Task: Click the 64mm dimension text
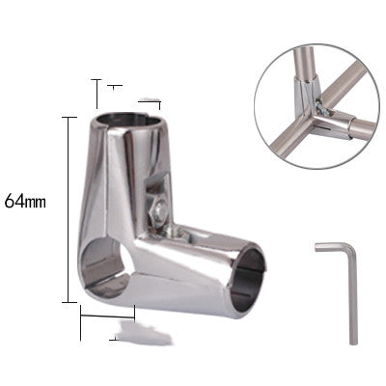[25, 201]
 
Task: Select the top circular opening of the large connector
[129, 121]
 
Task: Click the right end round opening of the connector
[249, 281]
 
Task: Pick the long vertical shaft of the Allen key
[353, 297]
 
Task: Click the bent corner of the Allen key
[352, 248]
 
